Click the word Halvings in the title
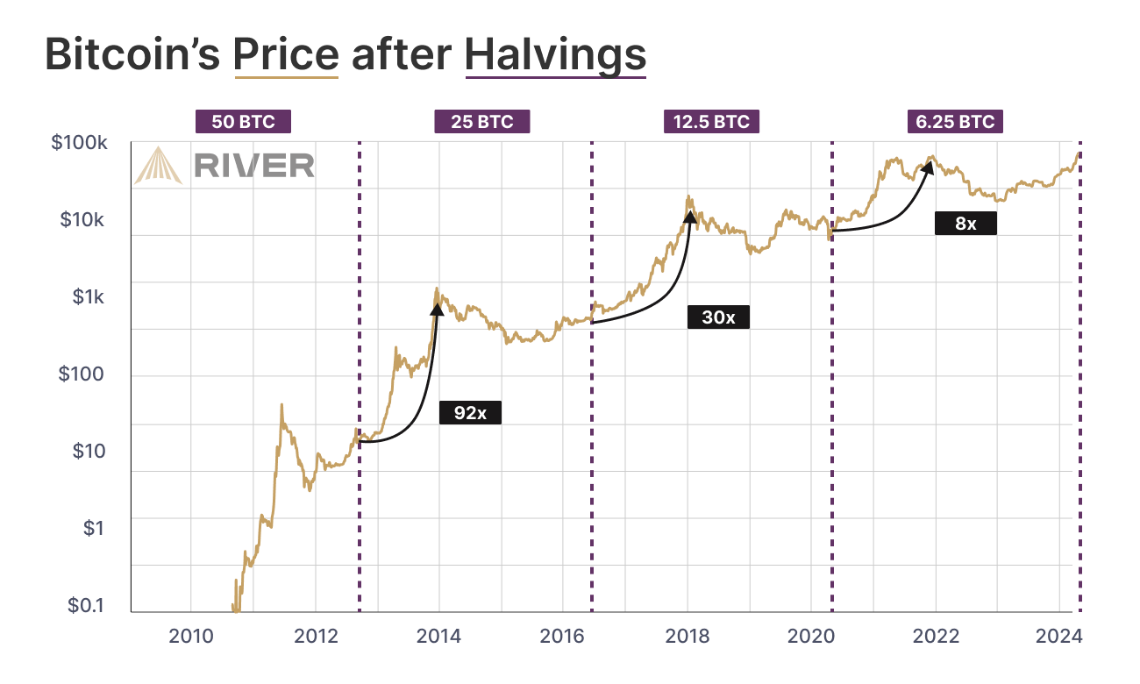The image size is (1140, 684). [555, 54]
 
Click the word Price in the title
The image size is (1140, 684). [286, 54]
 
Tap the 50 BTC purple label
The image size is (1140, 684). [243, 122]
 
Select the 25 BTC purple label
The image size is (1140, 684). [482, 122]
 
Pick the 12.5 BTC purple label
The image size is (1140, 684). [711, 122]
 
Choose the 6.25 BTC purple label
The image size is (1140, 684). [955, 122]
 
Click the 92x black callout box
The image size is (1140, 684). [470, 412]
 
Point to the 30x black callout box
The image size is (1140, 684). [718, 317]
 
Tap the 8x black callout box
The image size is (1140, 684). [965, 223]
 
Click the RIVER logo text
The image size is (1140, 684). [253, 165]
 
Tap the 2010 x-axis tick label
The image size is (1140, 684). [191, 637]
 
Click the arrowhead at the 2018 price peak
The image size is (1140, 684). [690, 216]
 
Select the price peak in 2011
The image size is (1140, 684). [281, 405]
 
